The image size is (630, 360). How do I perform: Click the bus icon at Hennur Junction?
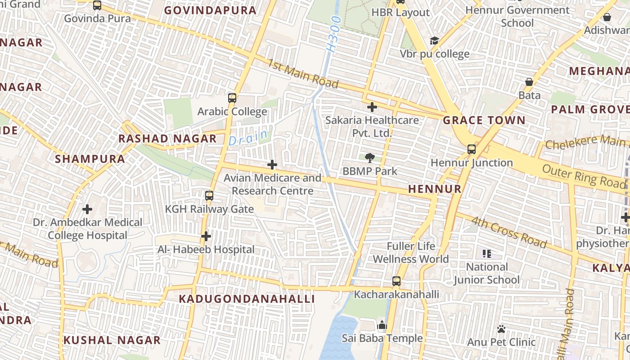coord(471,149)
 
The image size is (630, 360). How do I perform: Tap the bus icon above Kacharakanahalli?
coord(396,281)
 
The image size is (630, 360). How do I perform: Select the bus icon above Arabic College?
coord(232,98)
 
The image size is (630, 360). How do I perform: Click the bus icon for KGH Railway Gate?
coord(209,196)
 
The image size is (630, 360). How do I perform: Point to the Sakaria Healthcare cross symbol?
coord(372,107)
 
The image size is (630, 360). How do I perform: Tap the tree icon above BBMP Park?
coord(370,157)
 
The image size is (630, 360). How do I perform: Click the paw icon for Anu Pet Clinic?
coord(501,329)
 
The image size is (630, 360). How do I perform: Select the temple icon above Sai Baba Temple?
coord(382,325)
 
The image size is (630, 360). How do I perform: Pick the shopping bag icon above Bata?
coord(529,82)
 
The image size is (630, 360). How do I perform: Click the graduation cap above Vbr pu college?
coord(434,41)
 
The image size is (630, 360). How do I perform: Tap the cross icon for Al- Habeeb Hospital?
coord(206,236)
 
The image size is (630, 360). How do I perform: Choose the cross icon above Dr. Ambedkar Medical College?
coord(87,209)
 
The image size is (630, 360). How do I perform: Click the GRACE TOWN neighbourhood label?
coord(484,120)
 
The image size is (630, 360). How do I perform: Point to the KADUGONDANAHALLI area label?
coord(247,299)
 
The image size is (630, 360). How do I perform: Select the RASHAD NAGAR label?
coord(167,139)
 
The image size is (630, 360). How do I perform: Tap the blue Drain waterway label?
coord(248,137)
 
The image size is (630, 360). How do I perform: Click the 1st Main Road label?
coord(303,73)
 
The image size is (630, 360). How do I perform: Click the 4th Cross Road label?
coord(508,232)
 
